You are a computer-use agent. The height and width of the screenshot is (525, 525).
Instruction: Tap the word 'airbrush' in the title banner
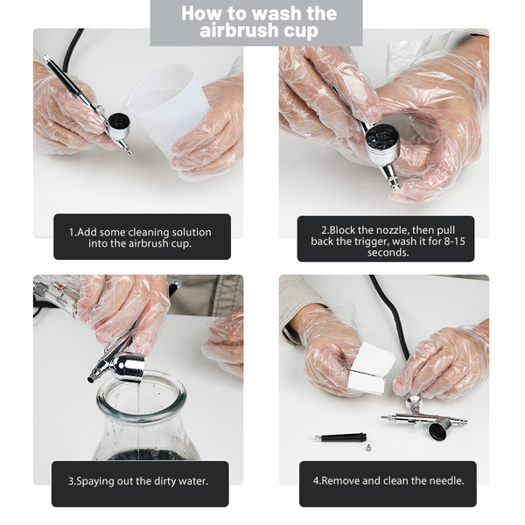(x=239, y=31)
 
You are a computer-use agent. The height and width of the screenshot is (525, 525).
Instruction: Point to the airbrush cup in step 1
(x=118, y=125)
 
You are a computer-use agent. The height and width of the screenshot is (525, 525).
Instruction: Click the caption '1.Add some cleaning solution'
(x=140, y=232)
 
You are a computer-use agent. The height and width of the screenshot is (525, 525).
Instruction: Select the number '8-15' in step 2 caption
(x=454, y=241)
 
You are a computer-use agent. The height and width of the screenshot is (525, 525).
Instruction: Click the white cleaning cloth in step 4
(x=371, y=368)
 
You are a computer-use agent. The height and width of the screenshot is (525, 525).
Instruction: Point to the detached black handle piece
(x=340, y=437)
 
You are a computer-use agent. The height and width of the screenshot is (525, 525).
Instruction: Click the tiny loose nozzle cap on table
(x=368, y=448)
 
